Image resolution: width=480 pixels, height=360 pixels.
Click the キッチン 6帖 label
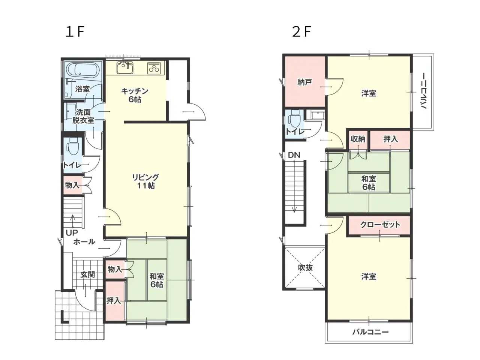135,95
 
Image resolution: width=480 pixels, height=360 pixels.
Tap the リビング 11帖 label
145,181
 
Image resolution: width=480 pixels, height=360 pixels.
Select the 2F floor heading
301,32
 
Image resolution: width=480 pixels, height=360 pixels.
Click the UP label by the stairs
72,232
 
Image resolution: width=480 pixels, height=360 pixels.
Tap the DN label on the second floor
294,155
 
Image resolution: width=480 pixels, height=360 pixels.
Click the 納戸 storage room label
304,82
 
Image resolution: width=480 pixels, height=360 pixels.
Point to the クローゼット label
380,225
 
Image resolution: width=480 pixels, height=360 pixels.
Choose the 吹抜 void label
305,267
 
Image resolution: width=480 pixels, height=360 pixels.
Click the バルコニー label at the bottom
370,332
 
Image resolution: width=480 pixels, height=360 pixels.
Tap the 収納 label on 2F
358,139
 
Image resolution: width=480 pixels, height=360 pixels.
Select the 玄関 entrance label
87,274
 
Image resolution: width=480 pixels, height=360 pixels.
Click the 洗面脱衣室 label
83,116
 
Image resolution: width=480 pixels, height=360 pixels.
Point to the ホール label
84,242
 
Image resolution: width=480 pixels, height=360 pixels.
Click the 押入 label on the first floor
113,300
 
